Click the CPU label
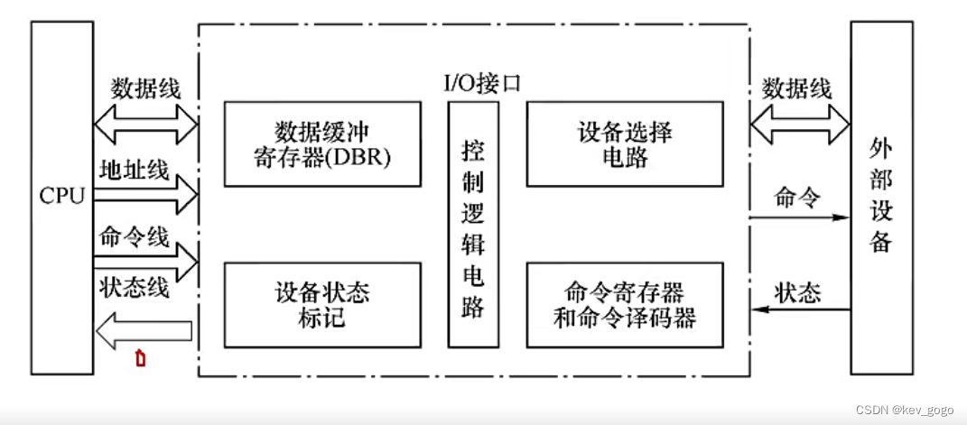(61, 195)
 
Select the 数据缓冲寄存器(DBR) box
(322, 144)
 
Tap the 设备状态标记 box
(322, 305)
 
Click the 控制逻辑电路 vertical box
(473, 225)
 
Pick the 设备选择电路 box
(624, 144)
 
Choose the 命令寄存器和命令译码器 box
(624, 305)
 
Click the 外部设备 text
(880, 195)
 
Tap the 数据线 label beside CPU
(146, 88)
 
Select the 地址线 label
(134, 169)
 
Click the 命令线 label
(134, 237)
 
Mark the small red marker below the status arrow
(140, 359)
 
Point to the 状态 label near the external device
(798, 292)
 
